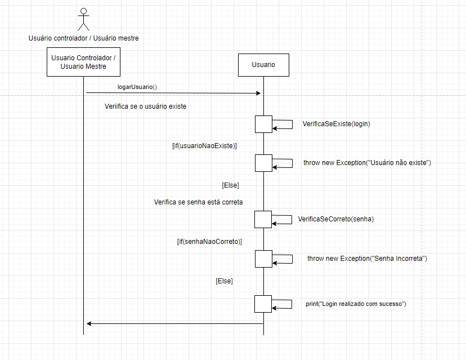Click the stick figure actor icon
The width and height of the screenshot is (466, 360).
[x=83, y=19]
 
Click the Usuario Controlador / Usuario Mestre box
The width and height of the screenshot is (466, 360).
[x=83, y=62]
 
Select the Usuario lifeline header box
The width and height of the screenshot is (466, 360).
[x=263, y=65]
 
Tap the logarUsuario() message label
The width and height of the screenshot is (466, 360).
[x=137, y=87]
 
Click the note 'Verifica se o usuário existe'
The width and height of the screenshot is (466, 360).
[x=145, y=106]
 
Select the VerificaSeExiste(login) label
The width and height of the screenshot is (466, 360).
[x=336, y=124]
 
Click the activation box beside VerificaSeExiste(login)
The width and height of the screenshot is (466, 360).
[x=263, y=124]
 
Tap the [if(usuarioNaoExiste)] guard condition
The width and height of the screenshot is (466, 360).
[x=204, y=145]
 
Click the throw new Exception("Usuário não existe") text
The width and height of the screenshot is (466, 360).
[x=367, y=163]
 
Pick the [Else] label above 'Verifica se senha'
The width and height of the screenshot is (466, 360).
[x=231, y=185]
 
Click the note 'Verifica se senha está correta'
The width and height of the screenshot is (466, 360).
[x=198, y=202]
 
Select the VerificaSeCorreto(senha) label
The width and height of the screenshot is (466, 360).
[x=335, y=219]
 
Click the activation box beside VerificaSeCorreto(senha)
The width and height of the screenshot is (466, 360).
[x=263, y=219]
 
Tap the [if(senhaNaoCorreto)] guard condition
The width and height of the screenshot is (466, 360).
[x=209, y=241]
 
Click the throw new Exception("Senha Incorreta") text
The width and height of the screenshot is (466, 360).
[x=367, y=259]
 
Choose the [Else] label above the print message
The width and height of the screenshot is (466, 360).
[x=224, y=281]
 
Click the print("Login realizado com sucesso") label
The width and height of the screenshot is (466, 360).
[x=356, y=304]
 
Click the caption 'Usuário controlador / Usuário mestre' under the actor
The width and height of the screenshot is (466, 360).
[x=83, y=38]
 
